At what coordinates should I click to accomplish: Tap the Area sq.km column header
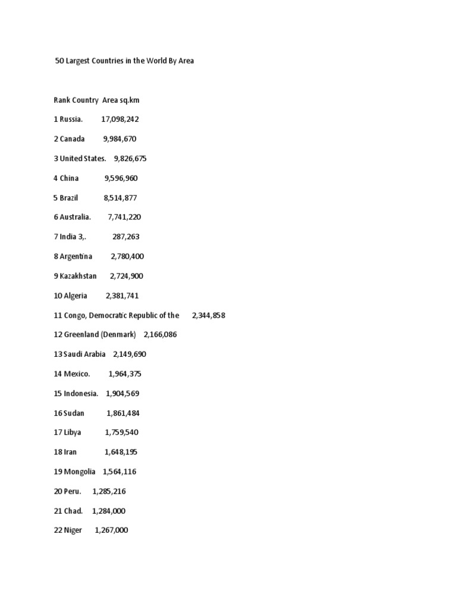tap(125, 100)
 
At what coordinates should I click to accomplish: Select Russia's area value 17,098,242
tap(120, 120)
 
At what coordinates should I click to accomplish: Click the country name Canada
tap(72, 139)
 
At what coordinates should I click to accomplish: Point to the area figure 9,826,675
tap(130, 159)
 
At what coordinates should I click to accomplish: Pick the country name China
tap(69, 178)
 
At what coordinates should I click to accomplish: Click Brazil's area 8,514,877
tap(120, 197)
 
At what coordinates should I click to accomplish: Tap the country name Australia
tap(75, 217)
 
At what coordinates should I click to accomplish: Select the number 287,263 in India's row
tap(126, 237)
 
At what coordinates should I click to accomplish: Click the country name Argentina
tap(76, 256)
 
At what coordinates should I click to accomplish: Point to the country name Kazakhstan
tap(79, 276)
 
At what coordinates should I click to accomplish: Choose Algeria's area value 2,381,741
tap(123, 296)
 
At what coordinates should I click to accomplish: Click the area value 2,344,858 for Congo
tap(208, 315)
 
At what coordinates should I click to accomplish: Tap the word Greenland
tap(81, 335)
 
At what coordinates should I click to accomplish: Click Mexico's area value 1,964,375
tap(125, 374)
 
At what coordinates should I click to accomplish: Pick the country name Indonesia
tap(81, 394)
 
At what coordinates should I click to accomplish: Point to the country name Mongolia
tap(80, 472)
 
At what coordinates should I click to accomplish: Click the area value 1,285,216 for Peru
tap(109, 491)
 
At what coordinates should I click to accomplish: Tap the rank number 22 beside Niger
tap(58, 530)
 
